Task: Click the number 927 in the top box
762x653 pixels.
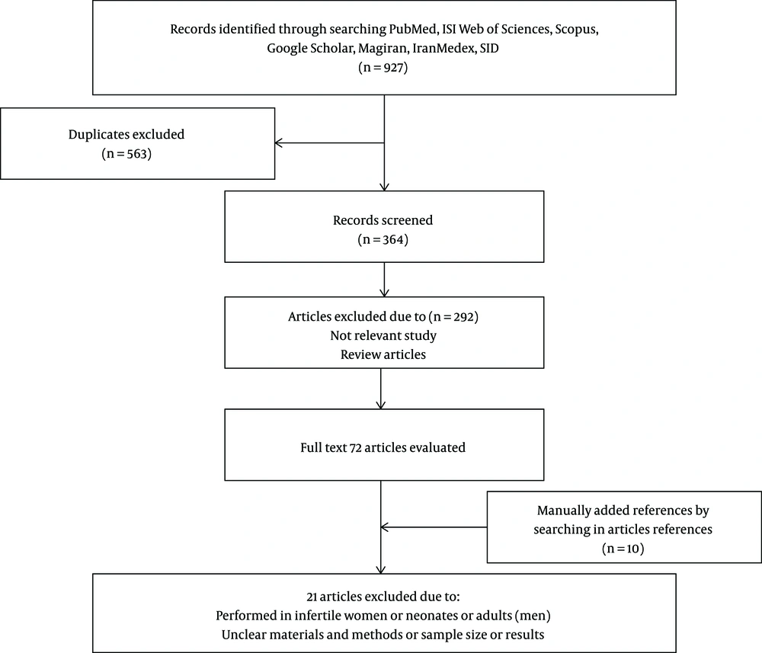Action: [392, 68]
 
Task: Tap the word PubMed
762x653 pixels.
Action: [412, 29]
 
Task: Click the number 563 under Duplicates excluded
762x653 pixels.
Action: [137, 154]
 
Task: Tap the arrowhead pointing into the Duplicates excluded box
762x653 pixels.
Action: [278, 142]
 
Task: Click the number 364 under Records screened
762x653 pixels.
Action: [393, 239]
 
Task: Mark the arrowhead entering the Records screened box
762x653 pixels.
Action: [384, 187]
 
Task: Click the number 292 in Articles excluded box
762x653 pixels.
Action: [463, 317]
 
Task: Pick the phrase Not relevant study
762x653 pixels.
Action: [383, 336]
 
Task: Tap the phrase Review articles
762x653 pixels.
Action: [383, 354]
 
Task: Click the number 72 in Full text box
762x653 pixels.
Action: [356, 447]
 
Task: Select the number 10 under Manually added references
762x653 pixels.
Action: [633, 549]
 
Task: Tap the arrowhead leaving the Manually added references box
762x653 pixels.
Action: [385, 527]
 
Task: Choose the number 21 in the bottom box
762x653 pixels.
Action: [312, 597]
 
